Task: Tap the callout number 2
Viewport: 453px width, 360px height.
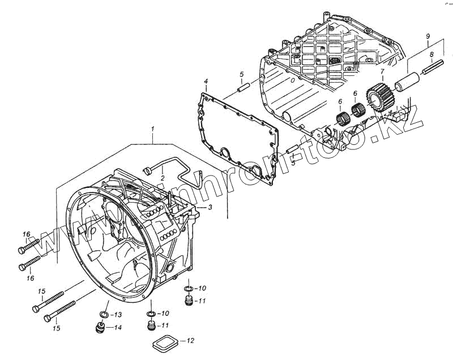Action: [162, 178]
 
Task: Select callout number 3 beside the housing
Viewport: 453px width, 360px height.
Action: [210, 208]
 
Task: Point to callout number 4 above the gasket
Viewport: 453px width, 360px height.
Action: [207, 82]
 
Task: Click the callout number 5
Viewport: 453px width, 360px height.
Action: [241, 74]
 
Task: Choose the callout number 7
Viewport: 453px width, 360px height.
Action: [382, 71]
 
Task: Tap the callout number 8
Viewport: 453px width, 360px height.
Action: [431, 55]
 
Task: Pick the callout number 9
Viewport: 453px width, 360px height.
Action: [428, 36]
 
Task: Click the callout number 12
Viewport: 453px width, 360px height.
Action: [190, 341]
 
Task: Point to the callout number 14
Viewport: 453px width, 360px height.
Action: [117, 327]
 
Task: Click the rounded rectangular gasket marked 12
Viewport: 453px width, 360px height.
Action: [164, 342]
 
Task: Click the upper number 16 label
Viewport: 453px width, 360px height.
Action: [26, 234]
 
